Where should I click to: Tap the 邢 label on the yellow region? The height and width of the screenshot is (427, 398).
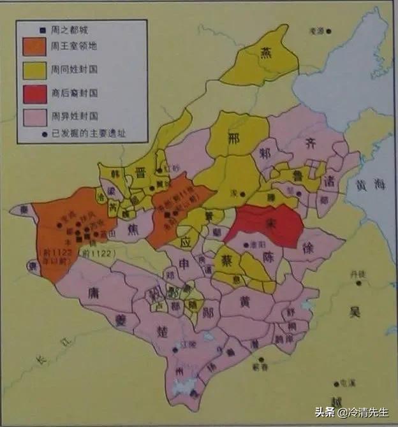[x=235, y=138]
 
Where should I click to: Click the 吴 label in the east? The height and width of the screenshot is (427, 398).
[x=355, y=311]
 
